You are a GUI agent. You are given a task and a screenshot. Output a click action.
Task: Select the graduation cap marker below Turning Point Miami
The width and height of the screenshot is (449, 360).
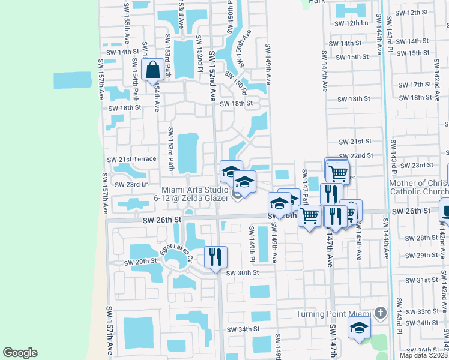359,328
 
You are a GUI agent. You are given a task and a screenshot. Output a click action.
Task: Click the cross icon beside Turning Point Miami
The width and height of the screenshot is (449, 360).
379,313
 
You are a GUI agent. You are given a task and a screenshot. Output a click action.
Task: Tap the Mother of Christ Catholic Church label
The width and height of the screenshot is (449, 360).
419,188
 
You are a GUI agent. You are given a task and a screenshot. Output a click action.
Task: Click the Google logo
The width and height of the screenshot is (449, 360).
20,352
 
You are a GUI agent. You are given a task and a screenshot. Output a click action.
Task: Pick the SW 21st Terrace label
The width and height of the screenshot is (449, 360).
131,160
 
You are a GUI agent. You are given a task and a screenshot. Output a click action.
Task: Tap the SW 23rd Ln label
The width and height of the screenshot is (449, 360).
131,184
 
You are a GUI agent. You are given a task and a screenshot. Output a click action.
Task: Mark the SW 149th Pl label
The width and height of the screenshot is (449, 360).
252,245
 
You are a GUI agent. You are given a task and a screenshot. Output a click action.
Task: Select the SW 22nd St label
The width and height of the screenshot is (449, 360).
356,155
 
